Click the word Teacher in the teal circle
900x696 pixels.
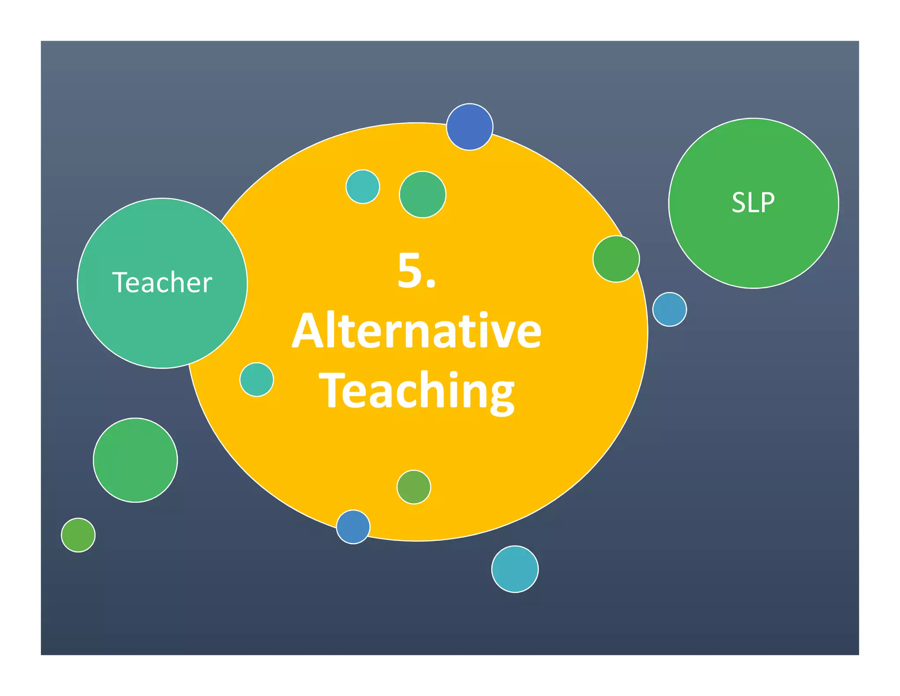click(x=162, y=282)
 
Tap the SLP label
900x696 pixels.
click(x=753, y=203)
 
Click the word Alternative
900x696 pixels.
click(x=417, y=331)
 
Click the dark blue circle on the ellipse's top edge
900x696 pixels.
click(x=469, y=127)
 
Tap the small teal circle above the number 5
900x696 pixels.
click(x=363, y=187)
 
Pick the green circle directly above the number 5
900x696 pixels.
click(x=422, y=194)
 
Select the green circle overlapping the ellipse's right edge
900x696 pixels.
click(x=616, y=259)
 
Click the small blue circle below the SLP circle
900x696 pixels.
click(x=669, y=309)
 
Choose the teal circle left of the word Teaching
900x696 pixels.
click(x=257, y=379)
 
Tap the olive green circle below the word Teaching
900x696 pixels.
click(x=414, y=487)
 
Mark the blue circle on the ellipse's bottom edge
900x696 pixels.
click(x=353, y=527)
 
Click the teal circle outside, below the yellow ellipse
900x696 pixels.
click(x=515, y=569)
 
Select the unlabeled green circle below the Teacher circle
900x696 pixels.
click(x=135, y=460)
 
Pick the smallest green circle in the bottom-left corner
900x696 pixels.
click(x=78, y=535)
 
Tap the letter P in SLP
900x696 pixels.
click(x=767, y=203)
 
